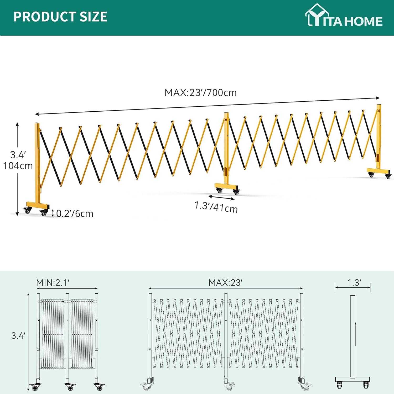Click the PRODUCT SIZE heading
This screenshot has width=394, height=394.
pos(60,17)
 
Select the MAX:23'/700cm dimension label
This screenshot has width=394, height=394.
pos(200,93)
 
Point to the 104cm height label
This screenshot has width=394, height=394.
pos(18,166)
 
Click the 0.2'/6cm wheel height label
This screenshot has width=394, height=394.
pos(75,214)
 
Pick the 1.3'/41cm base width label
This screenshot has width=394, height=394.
pos(216,207)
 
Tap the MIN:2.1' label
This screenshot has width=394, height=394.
pos(53,283)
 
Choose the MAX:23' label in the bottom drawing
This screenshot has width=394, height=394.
pos(225,283)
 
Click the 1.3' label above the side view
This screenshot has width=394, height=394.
pos(354,283)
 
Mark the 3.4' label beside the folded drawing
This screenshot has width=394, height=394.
pos(18,335)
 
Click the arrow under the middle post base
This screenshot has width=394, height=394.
pos(221,198)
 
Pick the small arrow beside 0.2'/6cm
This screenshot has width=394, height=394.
pos(53,213)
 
